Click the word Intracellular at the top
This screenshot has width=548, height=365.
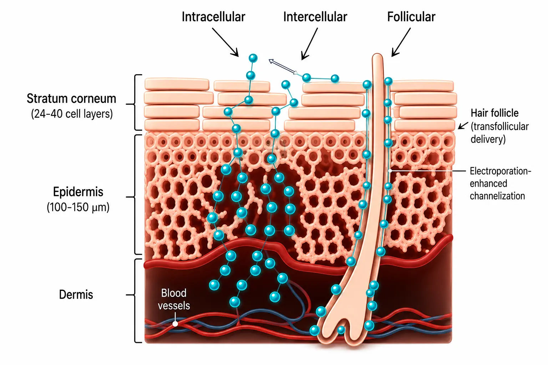click(x=213, y=17)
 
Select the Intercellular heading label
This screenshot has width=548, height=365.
click(x=315, y=17)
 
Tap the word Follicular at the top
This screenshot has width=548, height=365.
click(x=411, y=17)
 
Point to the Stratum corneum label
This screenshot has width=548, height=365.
click(x=71, y=98)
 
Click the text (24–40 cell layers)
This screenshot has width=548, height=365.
click(x=72, y=114)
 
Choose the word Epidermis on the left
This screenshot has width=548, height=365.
click(x=78, y=192)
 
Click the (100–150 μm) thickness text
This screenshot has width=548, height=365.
click(x=78, y=207)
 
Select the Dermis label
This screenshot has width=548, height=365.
click(x=76, y=294)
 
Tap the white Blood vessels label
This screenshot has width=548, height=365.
click(x=174, y=299)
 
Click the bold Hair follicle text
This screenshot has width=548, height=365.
click(x=494, y=113)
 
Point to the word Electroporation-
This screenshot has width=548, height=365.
click(x=501, y=171)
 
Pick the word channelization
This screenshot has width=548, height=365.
click(x=497, y=196)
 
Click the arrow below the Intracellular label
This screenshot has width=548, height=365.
click(x=225, y=42)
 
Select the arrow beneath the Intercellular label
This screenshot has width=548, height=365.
click(x=309, y=44)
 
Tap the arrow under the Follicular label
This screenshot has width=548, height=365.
click(x=401, y=42)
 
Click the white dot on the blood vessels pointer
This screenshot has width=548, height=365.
click(x=175, y=324)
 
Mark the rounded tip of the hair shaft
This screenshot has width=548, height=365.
click(x=377, y=56)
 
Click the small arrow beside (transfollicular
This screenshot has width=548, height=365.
click(x=463, y=126)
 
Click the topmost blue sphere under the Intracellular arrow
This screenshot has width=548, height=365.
click(x=253, y=58)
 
